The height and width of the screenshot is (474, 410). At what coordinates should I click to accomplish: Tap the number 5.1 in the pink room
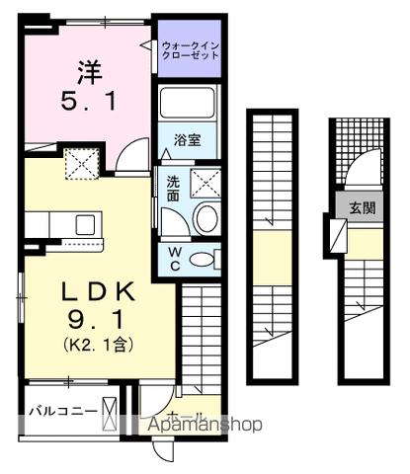(86, 101)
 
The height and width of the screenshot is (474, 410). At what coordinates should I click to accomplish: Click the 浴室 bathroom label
(189, 139)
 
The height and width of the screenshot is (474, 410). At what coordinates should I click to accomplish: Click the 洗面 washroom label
(173, 188)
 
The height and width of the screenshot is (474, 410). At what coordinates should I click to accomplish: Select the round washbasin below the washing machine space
(205, 219)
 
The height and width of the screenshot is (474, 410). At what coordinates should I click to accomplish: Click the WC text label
(173, 258)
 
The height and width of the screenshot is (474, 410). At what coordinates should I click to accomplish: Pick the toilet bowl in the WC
(203, 260)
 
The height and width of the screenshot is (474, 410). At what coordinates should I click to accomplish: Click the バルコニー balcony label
(60, 411)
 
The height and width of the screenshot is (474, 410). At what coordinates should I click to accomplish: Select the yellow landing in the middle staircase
(268, 248)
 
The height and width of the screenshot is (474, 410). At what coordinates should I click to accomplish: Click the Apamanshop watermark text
(205, 425)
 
